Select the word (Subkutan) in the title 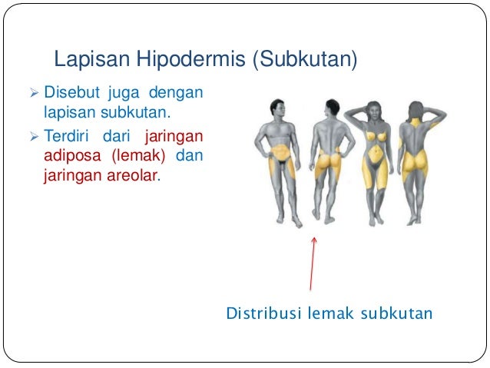click(304, 59)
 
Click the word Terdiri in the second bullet click(67, 137)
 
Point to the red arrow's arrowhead click(314, 240)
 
